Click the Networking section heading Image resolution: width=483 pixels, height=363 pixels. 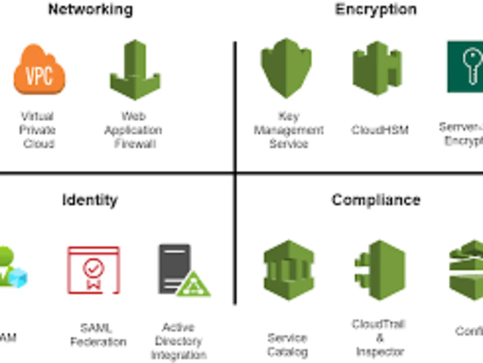tap(90, 9)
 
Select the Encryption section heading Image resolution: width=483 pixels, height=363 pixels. tap(375, 9)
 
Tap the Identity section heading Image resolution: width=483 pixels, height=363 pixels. tap(90, 200)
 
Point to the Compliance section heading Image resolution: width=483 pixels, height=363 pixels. tap(376, 200)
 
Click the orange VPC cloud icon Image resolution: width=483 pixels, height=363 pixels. tap(39, 70)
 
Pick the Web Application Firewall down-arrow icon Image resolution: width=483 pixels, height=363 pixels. tap(135, 70)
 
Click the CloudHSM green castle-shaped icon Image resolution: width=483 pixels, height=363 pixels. tap(378, 68)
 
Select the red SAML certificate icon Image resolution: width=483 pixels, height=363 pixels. tap(93, 270)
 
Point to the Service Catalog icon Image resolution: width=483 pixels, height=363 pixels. tap(289, 270)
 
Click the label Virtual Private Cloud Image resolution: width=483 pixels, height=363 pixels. tap(37, 130)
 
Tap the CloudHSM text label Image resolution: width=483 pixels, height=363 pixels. tap(380, 130)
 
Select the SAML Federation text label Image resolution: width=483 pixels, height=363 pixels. tap(98, 335)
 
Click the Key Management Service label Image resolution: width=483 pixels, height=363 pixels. tap(288, 130)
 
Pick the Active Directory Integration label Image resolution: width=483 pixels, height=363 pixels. tap(178, 341)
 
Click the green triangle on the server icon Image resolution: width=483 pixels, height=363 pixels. tap(193, 285)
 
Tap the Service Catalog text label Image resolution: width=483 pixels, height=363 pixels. tap(287, 344)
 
